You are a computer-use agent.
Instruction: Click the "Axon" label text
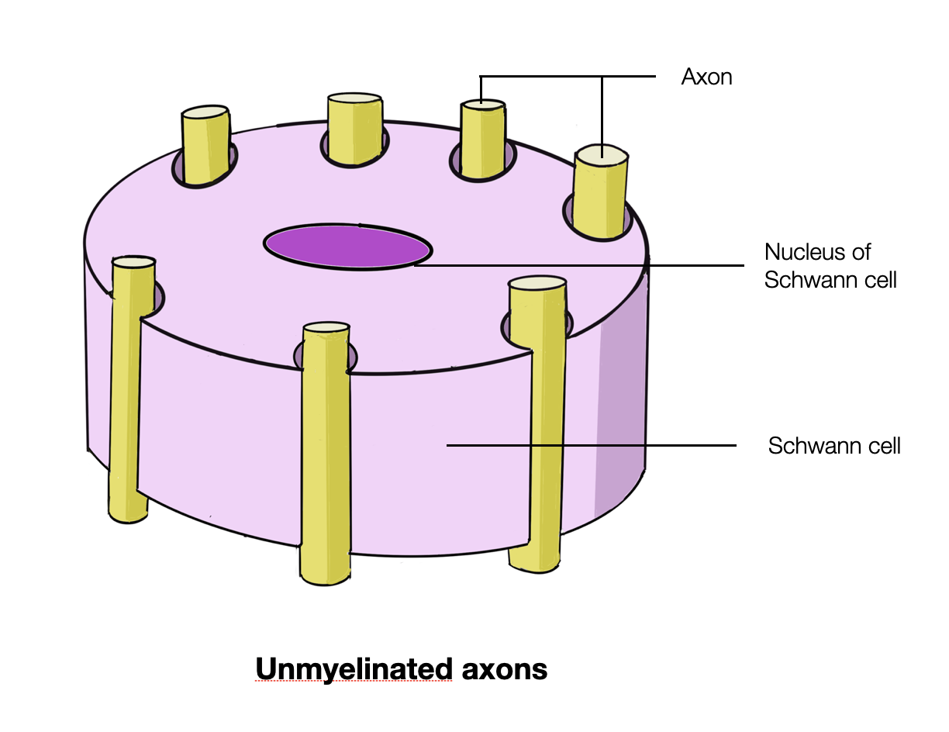(706, 78)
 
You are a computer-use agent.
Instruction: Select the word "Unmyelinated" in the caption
(354, 668)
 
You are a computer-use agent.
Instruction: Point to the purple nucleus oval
(347, 246)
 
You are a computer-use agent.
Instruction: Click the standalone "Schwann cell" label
(834, 446)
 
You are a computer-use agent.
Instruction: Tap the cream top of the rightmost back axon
(602, 154)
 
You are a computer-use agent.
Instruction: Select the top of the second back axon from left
(354, 100)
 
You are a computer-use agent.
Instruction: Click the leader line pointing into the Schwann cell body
(589, 445)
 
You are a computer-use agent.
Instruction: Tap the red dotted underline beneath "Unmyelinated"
(354, 682)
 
